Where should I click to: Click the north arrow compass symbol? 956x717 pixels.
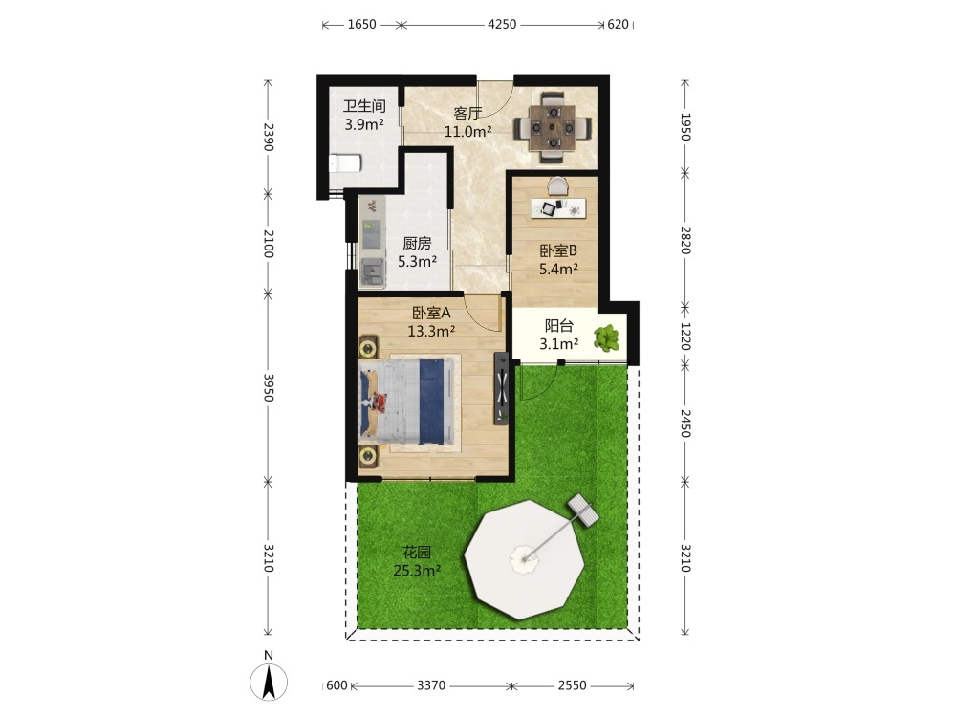(x=269, y=681)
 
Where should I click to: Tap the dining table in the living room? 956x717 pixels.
(x=553, y=128)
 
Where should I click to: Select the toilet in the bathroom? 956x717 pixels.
(x=344, y=163)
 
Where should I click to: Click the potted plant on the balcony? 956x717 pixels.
(x=607, y=338)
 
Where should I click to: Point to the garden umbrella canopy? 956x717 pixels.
(x=524, y=559)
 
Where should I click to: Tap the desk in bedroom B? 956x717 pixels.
(x=558, y=207)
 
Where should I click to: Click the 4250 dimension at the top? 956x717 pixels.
(x=502, y=25)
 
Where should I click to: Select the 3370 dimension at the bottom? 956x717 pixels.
(x=431, y=685)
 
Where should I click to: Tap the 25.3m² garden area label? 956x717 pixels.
(x=417, y=571)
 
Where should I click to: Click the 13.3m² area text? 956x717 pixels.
(x=432, y=331)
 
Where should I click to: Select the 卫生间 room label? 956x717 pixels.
(x=364, y=106)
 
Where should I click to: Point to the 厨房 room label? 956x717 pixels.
(x=417, y=244)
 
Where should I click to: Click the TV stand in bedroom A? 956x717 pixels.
(x=501, y=388)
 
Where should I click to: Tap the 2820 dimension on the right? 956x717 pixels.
(x=685, y=240)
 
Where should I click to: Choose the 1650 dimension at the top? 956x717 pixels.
(x=361, y=25)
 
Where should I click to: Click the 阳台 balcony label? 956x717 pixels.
(x=558, y=326)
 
